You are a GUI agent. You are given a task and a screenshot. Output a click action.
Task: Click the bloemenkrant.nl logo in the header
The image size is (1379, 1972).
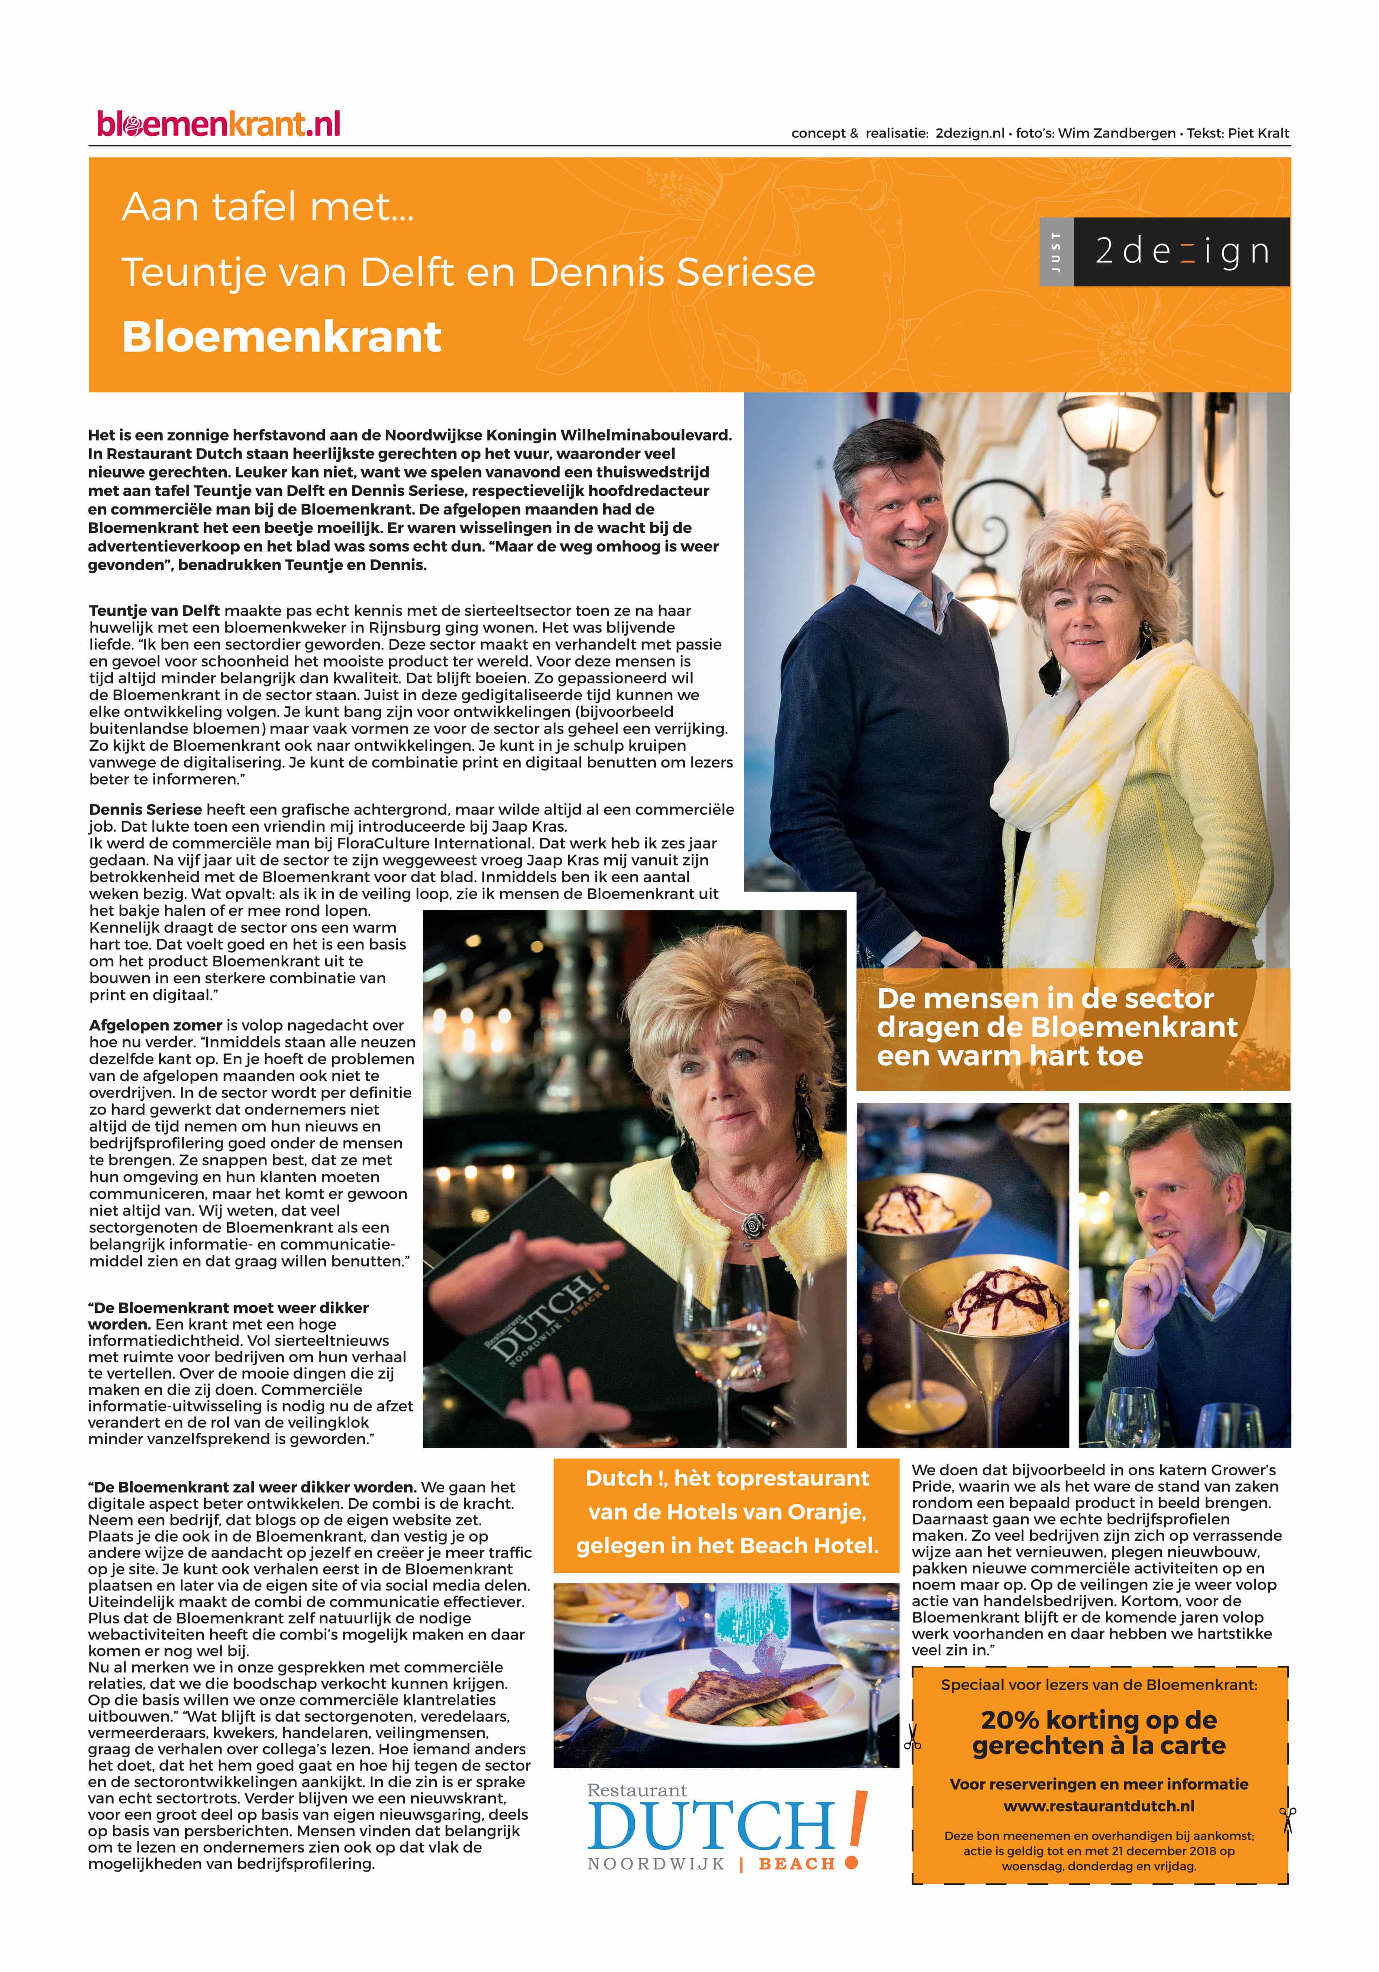click(219, 125)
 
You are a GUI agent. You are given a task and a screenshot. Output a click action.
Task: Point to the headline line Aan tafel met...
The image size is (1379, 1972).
click(268, 207)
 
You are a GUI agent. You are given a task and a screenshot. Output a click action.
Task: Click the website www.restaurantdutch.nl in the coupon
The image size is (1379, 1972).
click(1098, 1806)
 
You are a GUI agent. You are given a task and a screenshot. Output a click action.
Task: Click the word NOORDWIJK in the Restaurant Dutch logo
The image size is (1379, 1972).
click(656, 1864)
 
